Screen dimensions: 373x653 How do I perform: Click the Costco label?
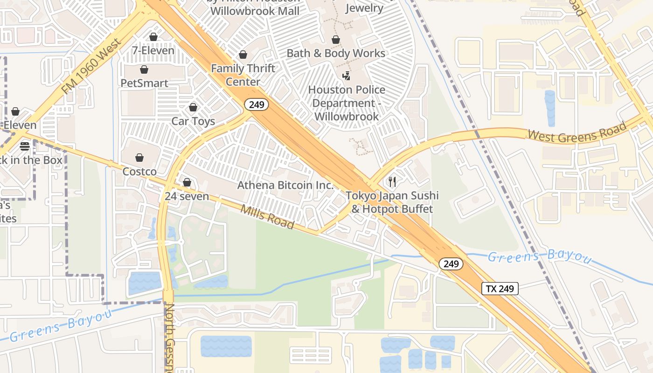click(x=139, y=172)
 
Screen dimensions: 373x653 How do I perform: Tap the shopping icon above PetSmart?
click(x=144, y=70)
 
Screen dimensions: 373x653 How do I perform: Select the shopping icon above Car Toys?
click(x=193, y=108)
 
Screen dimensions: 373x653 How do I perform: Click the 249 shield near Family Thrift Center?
click(x=257, y=105)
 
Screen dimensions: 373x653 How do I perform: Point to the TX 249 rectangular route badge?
click(x=500, y=289)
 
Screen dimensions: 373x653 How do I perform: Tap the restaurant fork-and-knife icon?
click(x=392, y=182)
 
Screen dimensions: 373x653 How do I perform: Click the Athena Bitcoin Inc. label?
click(x=285, y=185)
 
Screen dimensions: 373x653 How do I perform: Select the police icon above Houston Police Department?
click(x=346, y=76)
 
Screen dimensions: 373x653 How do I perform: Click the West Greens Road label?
click(x=577, y=132)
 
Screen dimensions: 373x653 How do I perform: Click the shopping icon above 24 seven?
click(x=187, y=182)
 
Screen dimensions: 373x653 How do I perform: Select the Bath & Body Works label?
click(x=336, y=53)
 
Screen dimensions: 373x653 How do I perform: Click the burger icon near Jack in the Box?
click(x=25, y=146)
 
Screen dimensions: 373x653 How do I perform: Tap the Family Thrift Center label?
click(x=243, y=75)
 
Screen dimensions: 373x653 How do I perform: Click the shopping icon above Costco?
click(x=139, y=158)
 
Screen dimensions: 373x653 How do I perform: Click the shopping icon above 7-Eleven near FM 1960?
click(x=153, y=37)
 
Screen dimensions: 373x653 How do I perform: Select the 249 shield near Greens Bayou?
click(x=451, y=264)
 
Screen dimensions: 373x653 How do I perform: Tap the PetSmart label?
click(x=144, y=83)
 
